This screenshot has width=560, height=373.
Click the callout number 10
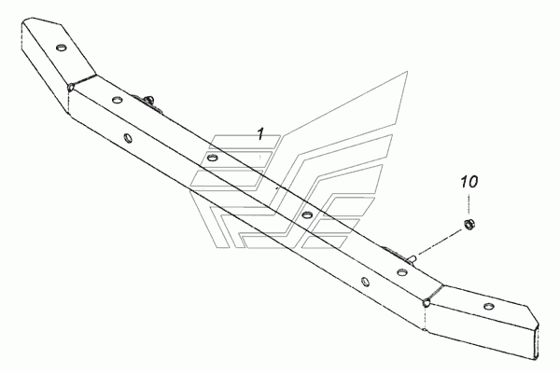click(468, 180)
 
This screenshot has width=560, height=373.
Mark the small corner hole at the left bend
click(71, 88)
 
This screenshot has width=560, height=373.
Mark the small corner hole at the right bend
click(425, 302)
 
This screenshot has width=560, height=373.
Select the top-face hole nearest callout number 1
click(213, 159)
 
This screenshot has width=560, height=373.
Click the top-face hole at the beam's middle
click(306, 215)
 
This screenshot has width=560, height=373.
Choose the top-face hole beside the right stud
click(401, 271)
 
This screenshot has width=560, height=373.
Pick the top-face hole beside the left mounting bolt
click(117, 102)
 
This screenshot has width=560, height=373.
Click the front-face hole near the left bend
click(128, 139)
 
